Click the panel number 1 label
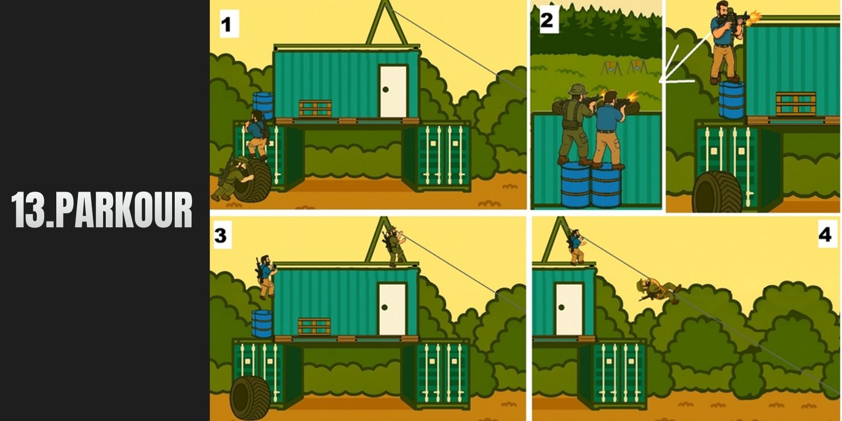[229, 24]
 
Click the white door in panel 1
[393, 92]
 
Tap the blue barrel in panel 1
[263, 105]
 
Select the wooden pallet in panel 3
[314, 327]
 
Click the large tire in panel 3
[250, 398]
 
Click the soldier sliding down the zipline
[658, 290]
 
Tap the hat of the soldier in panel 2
[577, 89]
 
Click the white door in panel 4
[569, 309]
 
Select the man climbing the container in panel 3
[266, 277]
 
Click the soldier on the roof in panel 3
[394, 245]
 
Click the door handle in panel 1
[386, 89]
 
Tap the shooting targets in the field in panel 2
[624, 68]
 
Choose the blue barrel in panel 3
[262, 324]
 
